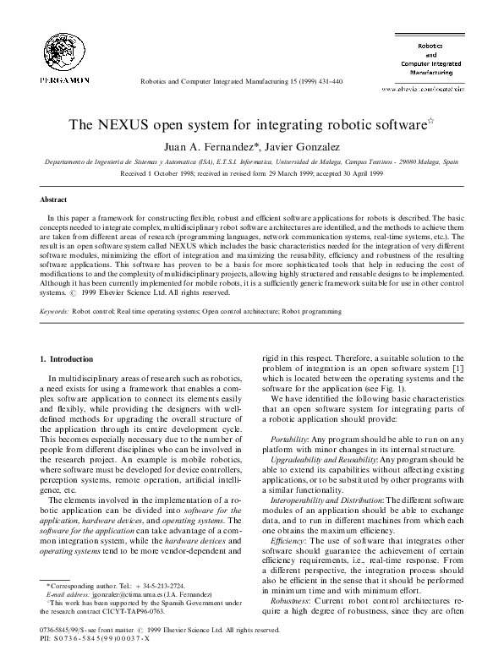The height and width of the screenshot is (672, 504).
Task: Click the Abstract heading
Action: pos(54,199)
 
